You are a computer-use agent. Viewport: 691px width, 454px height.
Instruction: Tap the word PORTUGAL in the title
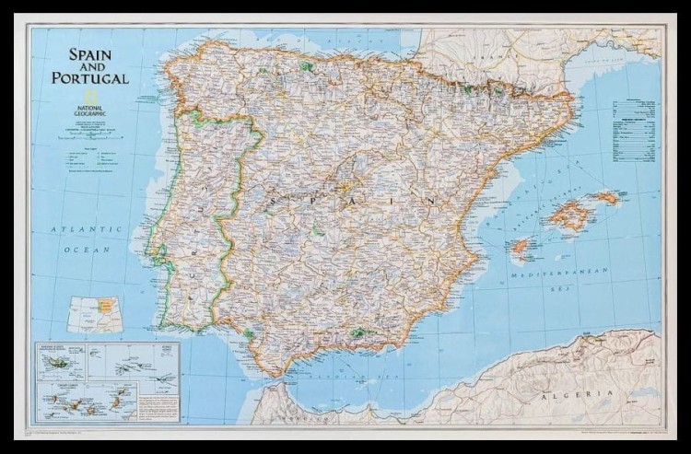click(x=90, y=78)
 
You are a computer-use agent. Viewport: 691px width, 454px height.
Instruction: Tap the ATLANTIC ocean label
click(x=86, y=227)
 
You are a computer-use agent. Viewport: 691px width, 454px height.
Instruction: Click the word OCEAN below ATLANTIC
click(x=86, y=249)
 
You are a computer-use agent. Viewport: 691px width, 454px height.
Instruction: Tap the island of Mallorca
click(x=571, y=216)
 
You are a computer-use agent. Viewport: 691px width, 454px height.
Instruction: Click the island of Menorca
click(x=607, y=197)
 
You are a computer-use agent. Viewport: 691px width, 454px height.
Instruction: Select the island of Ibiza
click(x=521, y=247)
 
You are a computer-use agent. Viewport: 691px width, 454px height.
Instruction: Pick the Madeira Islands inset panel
click(x=59, y=364)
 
